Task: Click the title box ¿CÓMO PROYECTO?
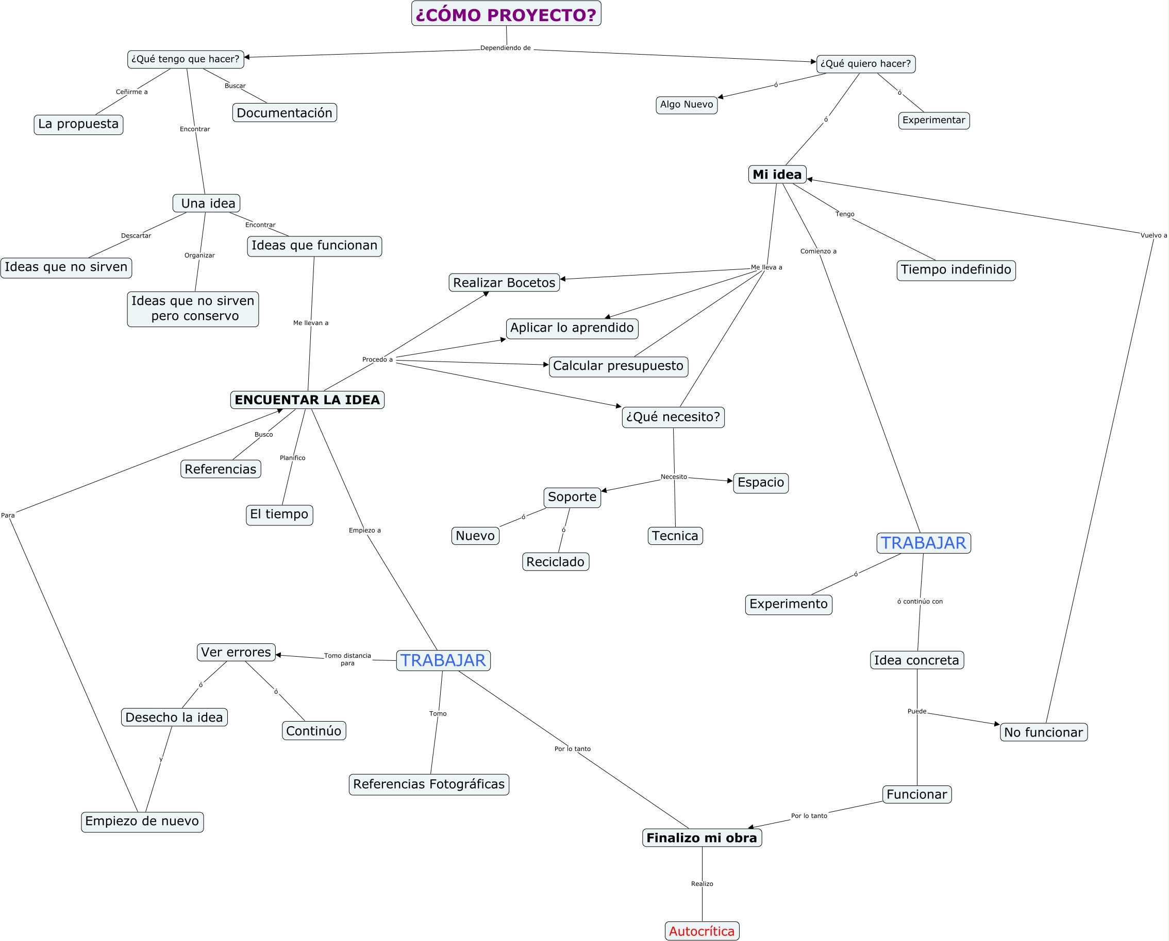coord(506,13)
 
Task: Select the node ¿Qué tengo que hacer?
coord(186,59)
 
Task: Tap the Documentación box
coord(284,113)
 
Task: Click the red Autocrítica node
coord(702,931)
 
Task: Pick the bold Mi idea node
coord(777,175)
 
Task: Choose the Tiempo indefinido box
coord(956,270)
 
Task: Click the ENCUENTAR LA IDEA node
coord(307,400)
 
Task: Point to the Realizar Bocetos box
coord(504,282)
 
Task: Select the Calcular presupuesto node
coord(618,366)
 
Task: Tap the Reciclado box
coord(555,562)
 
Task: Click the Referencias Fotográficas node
coord(428,784)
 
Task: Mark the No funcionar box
coord(1043,732)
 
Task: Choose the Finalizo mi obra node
coord(702,838)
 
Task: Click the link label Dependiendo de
coord(505,48)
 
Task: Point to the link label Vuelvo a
coord(1153,235)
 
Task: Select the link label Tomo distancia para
coord(348,659)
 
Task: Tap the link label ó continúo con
coord(920,602)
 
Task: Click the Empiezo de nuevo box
coord(142,822)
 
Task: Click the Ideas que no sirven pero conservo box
coord(193,309)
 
